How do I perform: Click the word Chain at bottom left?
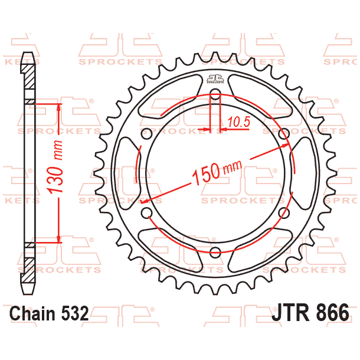tap(34, 313)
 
